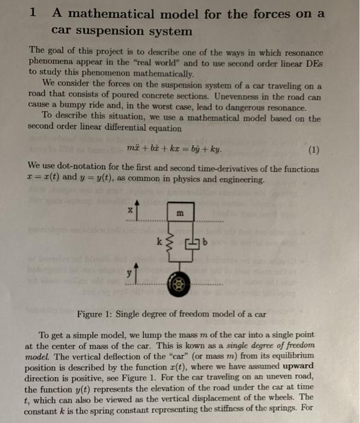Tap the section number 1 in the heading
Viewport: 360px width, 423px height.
[x=34, y=12]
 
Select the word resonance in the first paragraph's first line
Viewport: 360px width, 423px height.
[x=299, y=53]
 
